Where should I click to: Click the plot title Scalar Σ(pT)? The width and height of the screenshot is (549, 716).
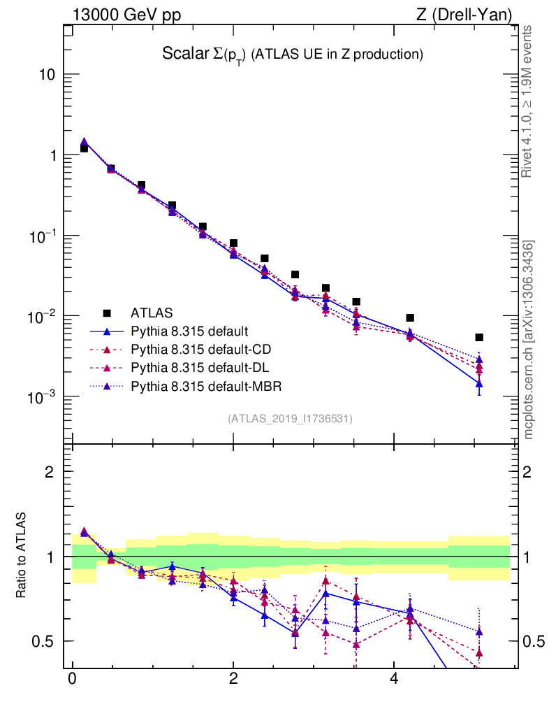pyautogui.click(x=293, y=54)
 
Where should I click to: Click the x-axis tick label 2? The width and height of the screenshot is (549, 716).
pyautogui.click(x=233, y=679)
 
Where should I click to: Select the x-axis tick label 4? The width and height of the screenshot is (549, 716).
pyautogui.click(x=394, y=679)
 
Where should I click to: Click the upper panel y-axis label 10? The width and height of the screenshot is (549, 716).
pyautogui.click(x=48, y=75)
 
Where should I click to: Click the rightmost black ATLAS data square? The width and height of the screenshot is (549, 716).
pyautogui.click(x=479, y=338)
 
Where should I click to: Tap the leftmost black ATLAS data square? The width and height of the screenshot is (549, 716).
pyautogui.click(x=84, y=148)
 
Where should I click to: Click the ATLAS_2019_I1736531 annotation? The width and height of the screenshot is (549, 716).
pyautogui.click(x=290, y=419)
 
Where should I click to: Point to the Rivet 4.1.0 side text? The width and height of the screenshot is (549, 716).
pyautogui.click(x=528, y=101)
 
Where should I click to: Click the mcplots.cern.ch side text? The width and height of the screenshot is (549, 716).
pyautogui.click(x=528, y=341)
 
